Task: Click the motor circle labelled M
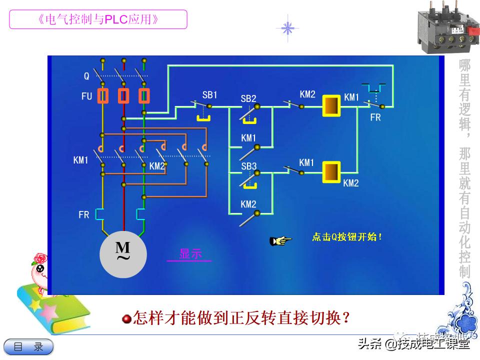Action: [x=123, y=254]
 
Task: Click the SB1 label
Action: [x=209, y=94]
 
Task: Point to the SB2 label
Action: [x=248, y=98]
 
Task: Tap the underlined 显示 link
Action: [x=189, y=254]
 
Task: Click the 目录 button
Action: [x=28, y=346]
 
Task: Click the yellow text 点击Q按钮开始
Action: [x=347, y=237]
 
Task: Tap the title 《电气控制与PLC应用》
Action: [x=98, y=19]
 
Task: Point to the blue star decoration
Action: [x=287, y=28]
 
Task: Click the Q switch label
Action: [x=86, y=76]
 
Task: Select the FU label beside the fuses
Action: [x=86, y=96]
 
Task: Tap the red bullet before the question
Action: [x=127, y=318]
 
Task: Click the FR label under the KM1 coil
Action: [x=375, y=118]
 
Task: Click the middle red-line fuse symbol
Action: [x=123, y=95]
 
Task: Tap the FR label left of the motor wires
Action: [x=83, y=215]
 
